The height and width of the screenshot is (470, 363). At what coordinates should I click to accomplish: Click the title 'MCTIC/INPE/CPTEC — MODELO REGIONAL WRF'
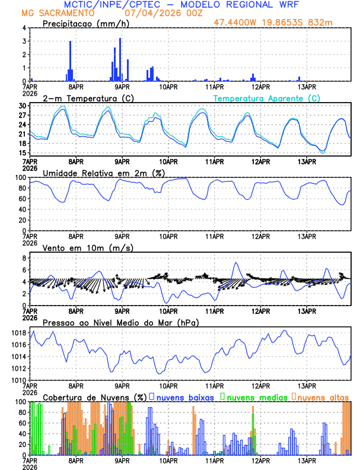[181, 4]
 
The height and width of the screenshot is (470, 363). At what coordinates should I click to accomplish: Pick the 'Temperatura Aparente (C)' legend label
[267, 98]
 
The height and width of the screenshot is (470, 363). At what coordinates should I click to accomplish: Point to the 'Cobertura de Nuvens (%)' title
[94, 397]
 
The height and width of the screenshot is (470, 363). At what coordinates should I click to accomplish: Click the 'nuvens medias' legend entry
[256, 397]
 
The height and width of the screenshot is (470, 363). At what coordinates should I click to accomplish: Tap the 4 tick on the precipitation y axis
[24, 28]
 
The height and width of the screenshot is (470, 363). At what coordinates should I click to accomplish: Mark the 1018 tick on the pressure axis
[18, 334]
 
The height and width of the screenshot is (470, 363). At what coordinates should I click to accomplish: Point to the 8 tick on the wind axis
[24, 258]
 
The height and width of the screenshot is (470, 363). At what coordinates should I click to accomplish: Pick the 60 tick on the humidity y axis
[22, 199]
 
